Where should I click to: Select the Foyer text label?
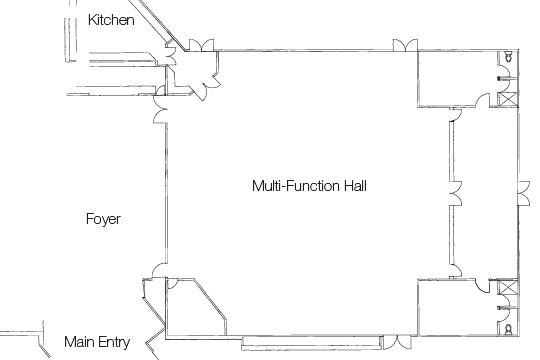(x=103, y=219)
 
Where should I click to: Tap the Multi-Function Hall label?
(x=304, y=186)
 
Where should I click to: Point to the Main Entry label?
(x=97, y=342)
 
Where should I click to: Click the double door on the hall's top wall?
(x=405, y=45)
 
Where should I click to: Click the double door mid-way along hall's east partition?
(x=454, y=190)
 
